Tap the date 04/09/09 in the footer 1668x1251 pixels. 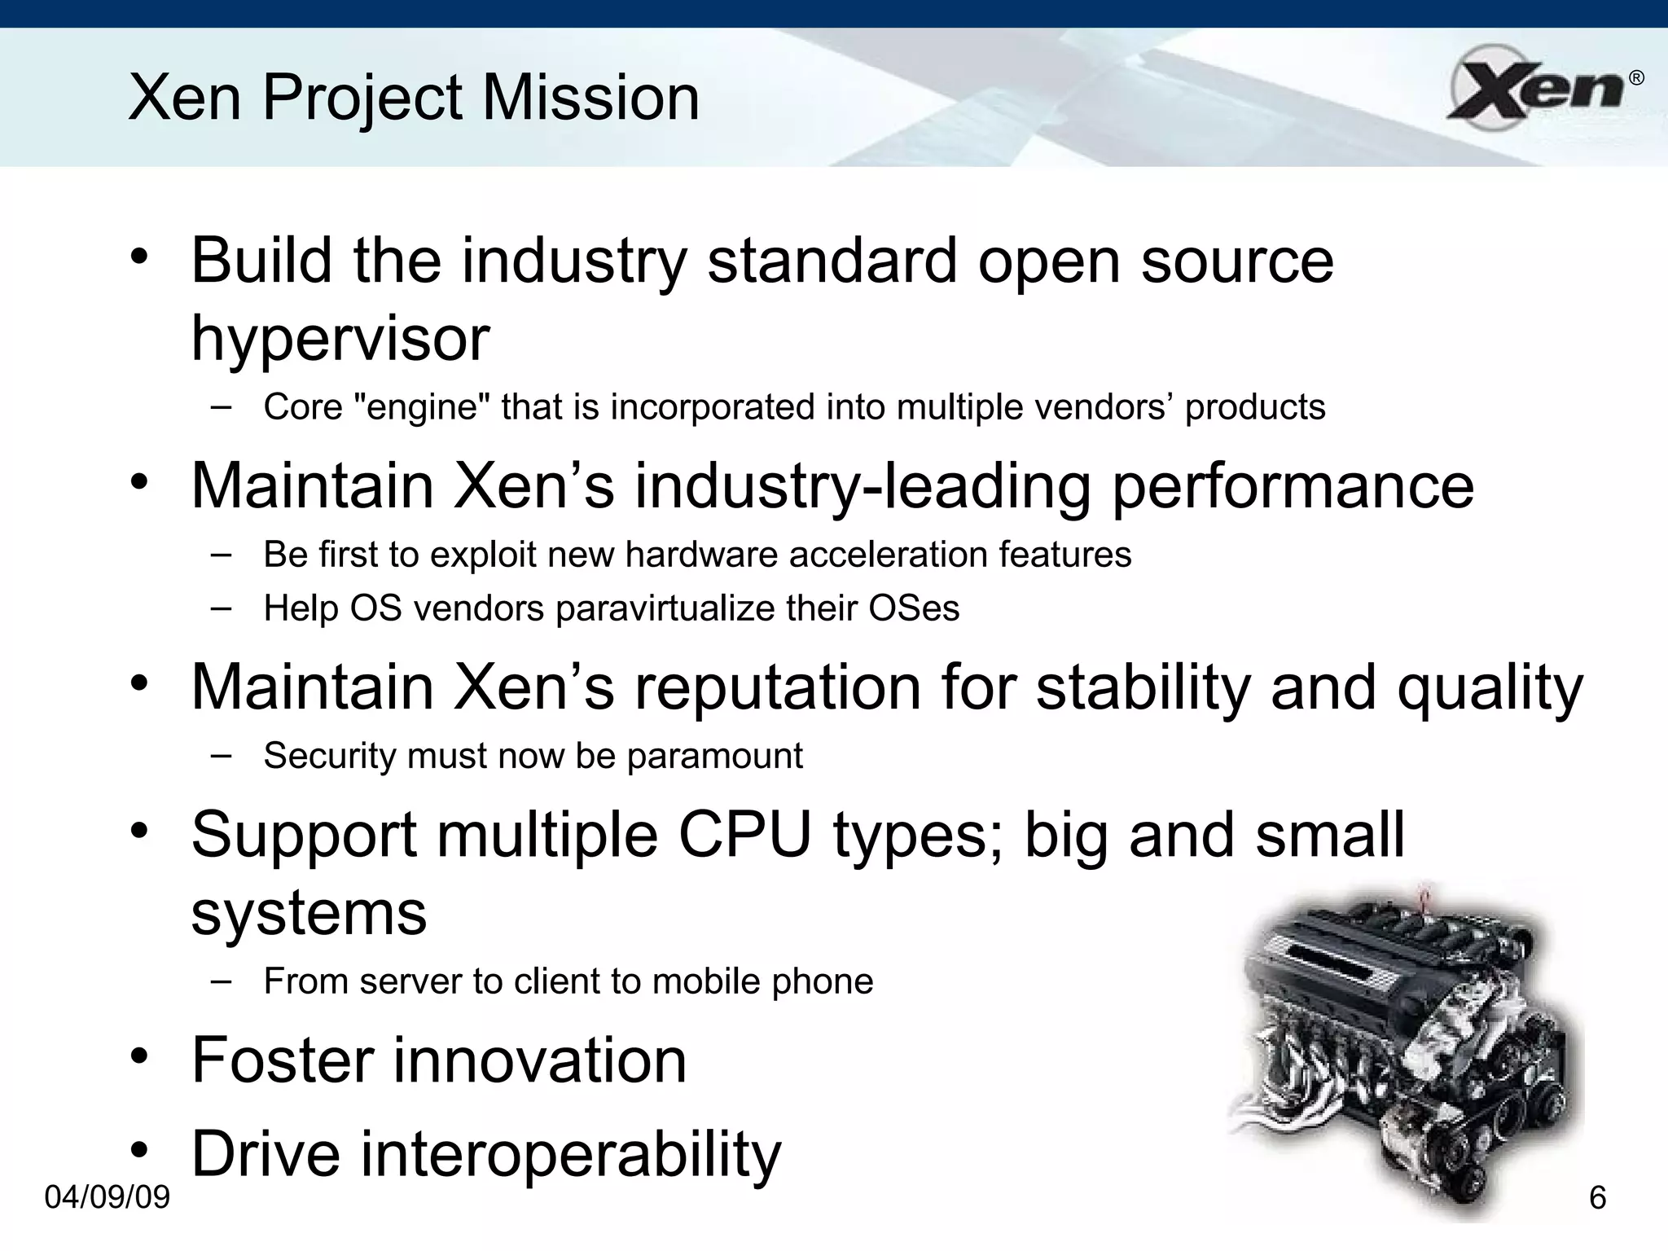click(108, 1197)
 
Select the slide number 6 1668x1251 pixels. click(1597, 1198)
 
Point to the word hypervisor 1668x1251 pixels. click(340, 339)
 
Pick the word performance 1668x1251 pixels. click(1293, 486)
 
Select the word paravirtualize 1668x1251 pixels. click(666, 608)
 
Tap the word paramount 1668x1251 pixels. click(715, 756)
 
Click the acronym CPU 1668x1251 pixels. click(744, 836)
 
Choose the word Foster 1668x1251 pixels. click(282, 1060)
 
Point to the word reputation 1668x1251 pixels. click(777, 687)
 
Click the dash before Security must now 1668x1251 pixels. click(220, 755)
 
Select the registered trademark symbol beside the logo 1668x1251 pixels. click(1635, 78)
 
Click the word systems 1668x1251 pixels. click(309, 914)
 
